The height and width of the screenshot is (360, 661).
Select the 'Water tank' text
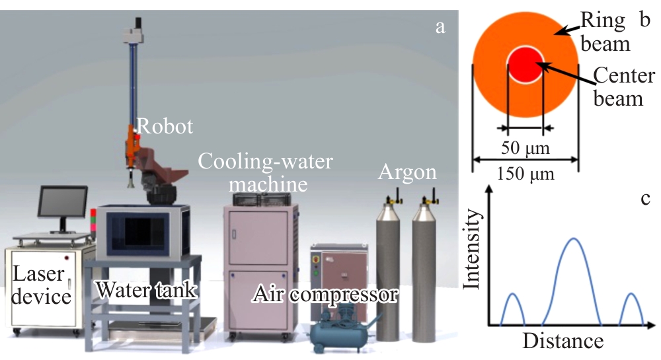[146, 289]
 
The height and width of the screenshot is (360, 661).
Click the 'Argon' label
[407, 173]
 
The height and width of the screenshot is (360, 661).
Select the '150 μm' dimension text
[525, 175]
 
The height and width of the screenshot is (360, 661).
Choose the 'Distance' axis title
[563, 341]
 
